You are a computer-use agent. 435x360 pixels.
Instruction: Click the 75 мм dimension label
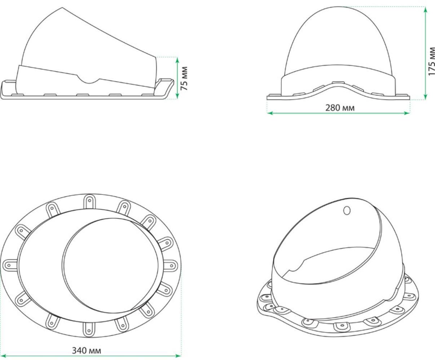point(184,78)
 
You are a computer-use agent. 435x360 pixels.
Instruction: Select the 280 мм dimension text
point(340,108)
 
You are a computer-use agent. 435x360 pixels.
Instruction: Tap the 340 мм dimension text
point(87,351)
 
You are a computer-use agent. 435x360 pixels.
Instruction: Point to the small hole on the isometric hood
point(347,211)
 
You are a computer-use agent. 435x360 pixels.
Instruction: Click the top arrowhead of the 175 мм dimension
point(426,9)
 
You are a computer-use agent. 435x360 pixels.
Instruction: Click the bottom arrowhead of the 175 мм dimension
point(426,97)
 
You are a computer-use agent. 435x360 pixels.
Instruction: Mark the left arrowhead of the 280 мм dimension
point(270,113)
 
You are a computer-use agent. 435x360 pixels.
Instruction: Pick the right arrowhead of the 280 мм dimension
point(407,113)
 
